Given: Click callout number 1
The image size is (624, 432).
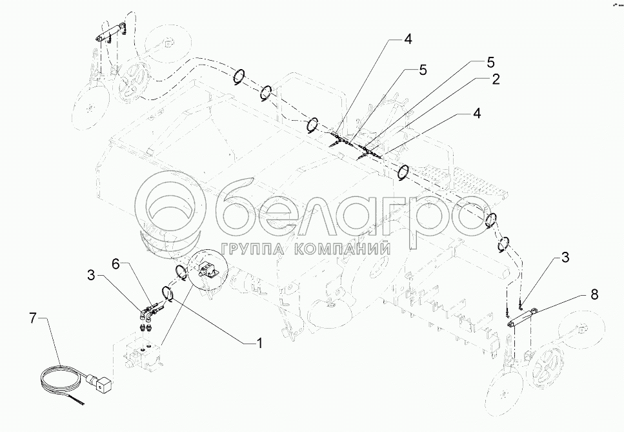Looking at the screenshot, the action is click(x=259, y=342).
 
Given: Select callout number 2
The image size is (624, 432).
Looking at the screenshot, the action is click(x=495, y=79).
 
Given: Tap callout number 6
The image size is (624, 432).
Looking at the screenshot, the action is click(x=116, y=264).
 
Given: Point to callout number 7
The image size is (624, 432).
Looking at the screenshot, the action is click(x=34, y=318).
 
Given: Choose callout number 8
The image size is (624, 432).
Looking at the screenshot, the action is click(x=594, y=294).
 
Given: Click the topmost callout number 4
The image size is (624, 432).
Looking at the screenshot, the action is click(x=408, y=39).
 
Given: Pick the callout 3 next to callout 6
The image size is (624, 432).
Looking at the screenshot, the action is click(x=92, y=276).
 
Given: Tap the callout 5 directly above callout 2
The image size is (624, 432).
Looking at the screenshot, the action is click(x=490, y=63).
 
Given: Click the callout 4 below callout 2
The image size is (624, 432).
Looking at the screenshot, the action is click(x=476, y=114).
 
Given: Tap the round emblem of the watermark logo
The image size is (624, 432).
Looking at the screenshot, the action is click(x=175, y=208).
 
